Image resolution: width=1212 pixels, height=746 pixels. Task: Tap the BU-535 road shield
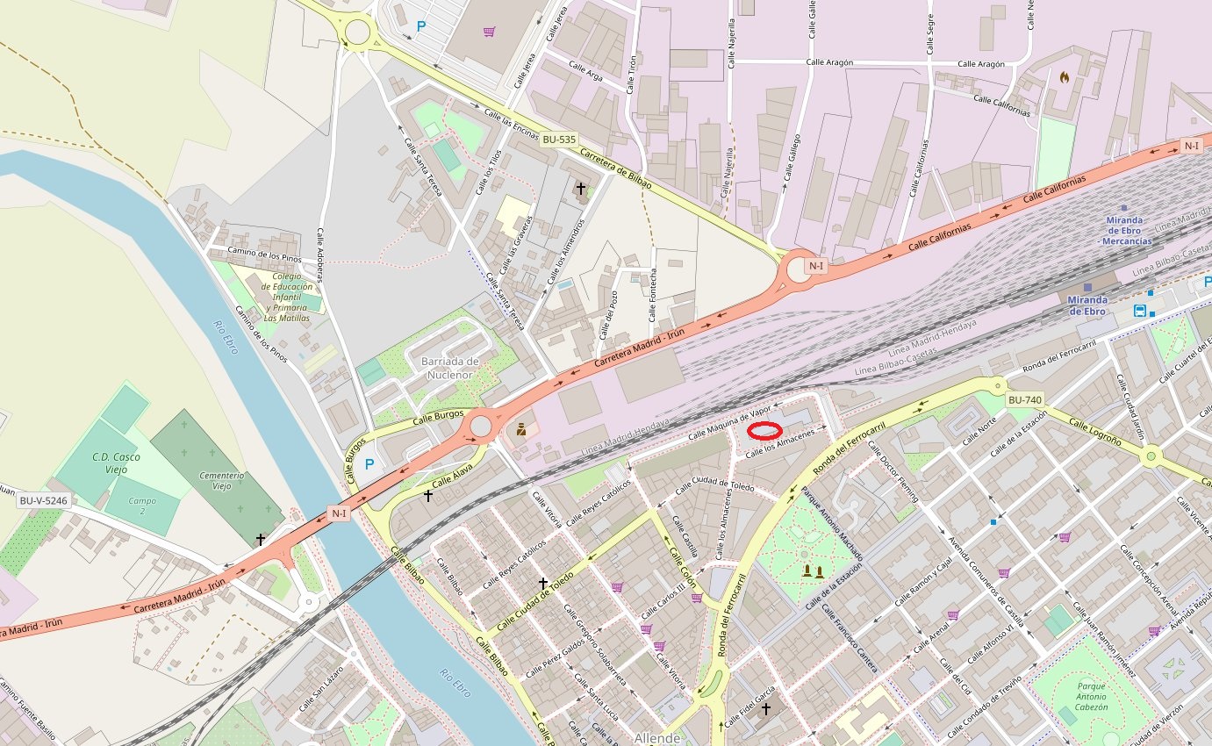pyautogui.click(x=559, y=140)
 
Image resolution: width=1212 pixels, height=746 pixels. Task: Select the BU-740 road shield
pyautogui.click(x=1024, y=400)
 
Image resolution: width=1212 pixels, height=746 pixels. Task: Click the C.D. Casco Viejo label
pyautogui.click(x=116, y=463)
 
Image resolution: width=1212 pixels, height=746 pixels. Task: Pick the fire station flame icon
pyautogui.click(x=1065, y=77)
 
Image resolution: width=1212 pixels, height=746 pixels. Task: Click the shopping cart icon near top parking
pyautogui.click(x=489, y=32)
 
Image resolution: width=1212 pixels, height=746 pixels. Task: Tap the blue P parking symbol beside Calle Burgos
pyautogui.click(x=369, y=463)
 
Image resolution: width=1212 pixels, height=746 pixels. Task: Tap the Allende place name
pyautogui.click(x=657, y=737)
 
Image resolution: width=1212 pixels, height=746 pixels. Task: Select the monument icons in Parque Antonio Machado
pyautogui.click(x=813, y=571)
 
